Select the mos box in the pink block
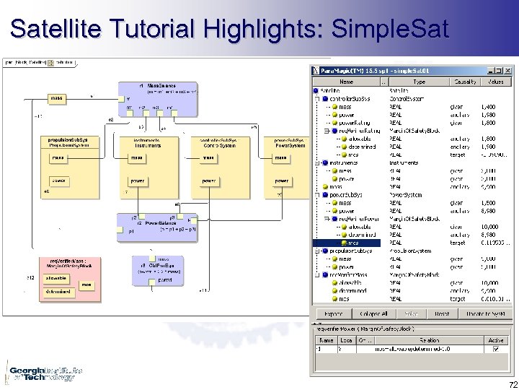point(86,285)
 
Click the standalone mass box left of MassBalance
point(56,97)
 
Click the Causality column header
point(465,82)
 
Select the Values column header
point(496,82)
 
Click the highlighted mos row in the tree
point(352,243)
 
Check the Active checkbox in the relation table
point(495,349)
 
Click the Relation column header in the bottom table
point(430,339)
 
